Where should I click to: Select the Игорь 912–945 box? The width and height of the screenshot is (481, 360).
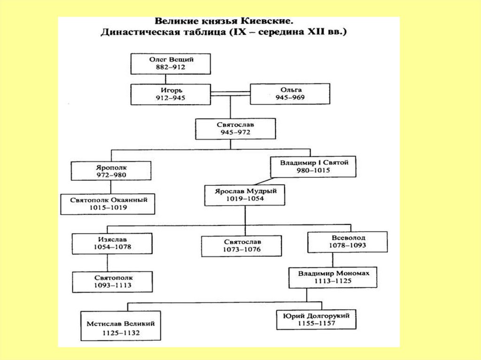pos(171,94)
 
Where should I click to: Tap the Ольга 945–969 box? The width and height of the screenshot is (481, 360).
pos(289,94)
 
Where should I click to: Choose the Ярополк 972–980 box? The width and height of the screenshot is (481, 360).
pos(111,171)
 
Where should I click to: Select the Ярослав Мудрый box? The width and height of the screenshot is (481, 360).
pos(245,195)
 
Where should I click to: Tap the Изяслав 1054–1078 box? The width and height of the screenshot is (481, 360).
pos(112,242)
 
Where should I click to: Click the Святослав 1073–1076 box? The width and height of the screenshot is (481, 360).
pos(241,245)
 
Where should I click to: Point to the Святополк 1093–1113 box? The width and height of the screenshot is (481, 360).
pos(112,281)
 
